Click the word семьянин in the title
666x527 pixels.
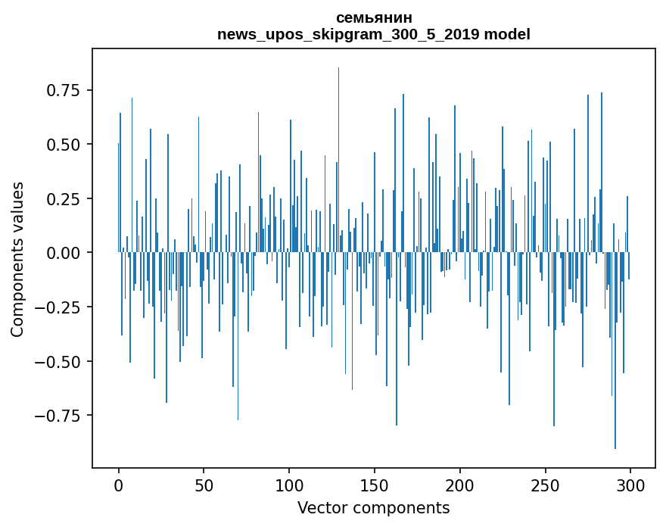point(373,17)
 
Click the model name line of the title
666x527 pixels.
point(373,34)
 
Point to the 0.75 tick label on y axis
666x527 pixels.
point(63,90)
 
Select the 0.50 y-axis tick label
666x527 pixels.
point(63,145)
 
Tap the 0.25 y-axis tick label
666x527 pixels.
point(63,199)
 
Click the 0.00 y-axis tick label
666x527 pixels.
point(63,253)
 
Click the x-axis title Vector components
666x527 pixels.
point(373,507)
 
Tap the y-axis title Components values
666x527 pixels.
point(17,259)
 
